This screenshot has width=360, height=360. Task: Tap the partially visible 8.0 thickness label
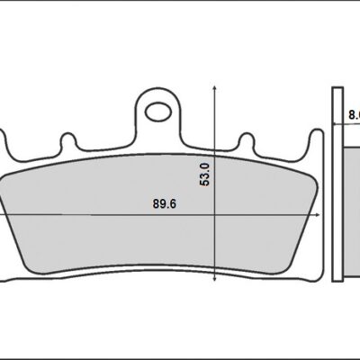pyautogui.click(x=352, y=116)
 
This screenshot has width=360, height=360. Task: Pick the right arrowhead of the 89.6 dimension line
pyautogui.click(x=318, y=216)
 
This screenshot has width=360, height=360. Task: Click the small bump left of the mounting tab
pyautogui.click(x=67, y=142)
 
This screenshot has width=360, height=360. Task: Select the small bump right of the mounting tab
pyautogui.click(x=246, y=142)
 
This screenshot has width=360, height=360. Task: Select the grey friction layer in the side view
pyautogui.click(x=352, y=207)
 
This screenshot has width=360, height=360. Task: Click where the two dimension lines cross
pyautogui.click(x=214, y=216)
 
